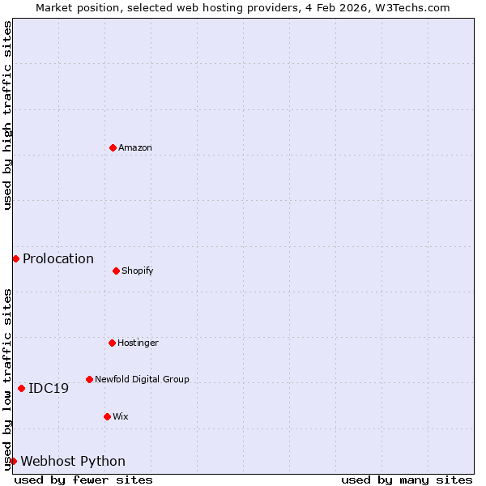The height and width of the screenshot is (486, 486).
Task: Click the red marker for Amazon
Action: click(113, 147)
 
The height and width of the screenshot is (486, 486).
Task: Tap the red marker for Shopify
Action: click(116, 271)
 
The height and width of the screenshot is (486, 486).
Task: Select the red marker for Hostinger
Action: click(112, 343)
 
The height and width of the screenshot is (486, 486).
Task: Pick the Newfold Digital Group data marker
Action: click(89, 379)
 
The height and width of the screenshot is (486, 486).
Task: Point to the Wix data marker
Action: click(107, 416)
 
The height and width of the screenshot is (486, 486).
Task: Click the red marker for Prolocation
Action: click(15, 258)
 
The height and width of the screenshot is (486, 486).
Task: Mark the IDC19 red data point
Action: click(21, 388)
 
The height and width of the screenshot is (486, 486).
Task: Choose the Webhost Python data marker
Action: click(13, 461)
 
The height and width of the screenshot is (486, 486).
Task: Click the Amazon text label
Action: click(135, 147)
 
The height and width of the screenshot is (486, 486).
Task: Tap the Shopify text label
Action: click(138, 271)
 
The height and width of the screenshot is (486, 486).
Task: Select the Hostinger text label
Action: click(139, 343)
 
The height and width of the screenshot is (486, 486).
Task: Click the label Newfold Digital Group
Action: click(142, 379)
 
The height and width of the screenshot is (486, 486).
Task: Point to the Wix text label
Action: click(121, 416)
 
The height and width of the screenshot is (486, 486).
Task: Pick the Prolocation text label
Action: click(58, 258)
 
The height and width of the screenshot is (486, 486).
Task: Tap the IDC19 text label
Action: click(49, 388)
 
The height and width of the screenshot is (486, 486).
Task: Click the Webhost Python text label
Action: click(73, 461)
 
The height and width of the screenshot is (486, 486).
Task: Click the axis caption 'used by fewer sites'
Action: click(83, 480)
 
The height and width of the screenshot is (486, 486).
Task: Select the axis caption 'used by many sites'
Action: click(407, 480)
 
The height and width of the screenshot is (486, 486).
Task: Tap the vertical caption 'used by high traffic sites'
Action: click(7, 115)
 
